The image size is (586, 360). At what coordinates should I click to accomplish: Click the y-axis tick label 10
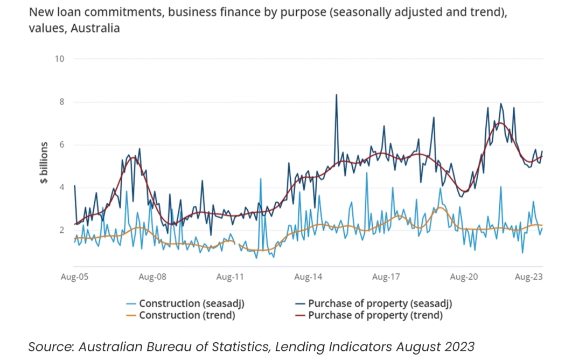click(59, 59)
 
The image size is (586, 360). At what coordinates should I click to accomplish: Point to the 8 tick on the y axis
click(61, 101)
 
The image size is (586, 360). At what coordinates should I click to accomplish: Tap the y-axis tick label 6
click(61, 144)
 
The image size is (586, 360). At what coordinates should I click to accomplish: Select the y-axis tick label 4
click(61, 187)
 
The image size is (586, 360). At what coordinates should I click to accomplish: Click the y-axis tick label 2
click(61, 230)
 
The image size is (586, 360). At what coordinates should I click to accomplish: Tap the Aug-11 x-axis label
click(231, 278)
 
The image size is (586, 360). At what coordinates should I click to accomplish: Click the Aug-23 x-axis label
click(529, 278)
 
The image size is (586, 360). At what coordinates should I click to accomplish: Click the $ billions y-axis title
click(45, 163)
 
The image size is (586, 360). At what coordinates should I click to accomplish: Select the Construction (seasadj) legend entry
click(180, 303)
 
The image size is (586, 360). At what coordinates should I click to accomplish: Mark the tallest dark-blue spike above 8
click(337, 95)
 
